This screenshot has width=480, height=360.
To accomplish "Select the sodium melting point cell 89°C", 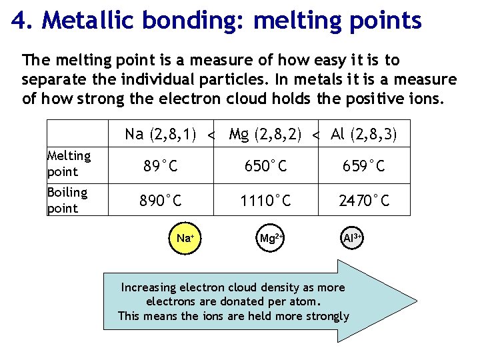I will click(x=160, y=166).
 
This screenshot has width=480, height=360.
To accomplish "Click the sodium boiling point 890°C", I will click(x=160, y=201).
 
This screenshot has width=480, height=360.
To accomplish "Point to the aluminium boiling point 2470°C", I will click(x=365, y=201).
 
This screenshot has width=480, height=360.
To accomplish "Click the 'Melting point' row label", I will click(x=69, y=163).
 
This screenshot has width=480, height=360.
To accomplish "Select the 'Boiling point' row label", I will click(x=67, y=200).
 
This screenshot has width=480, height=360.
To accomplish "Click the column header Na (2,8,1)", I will click(x=160, y=135).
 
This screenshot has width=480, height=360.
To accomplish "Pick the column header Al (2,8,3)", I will click(x=364, y=135).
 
